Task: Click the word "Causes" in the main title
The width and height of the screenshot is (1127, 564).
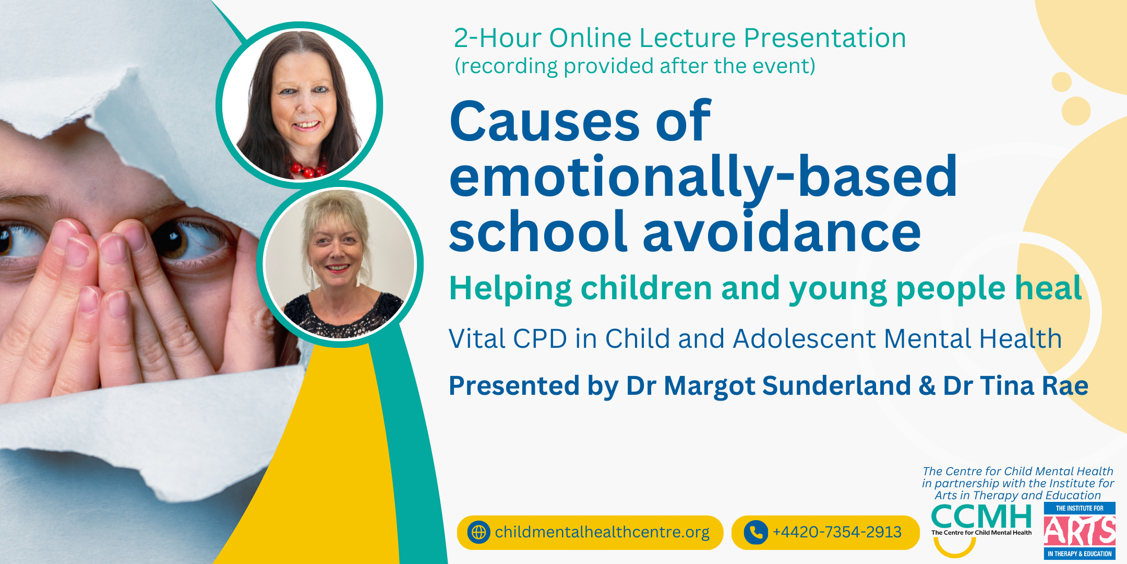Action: (545, 121)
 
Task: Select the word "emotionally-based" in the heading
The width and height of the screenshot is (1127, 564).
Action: (703, 178)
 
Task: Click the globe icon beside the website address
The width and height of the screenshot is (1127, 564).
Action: (478, 532)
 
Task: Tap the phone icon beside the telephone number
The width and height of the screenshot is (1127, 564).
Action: (756, 532)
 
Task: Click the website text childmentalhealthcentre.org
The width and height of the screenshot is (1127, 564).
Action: (602, 532)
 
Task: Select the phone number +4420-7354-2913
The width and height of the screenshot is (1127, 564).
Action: (837, 532)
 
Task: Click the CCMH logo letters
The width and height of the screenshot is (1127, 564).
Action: (981, 517)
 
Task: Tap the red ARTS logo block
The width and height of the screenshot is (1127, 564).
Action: (1080, 531)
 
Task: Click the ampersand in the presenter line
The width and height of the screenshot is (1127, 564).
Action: (927, 386)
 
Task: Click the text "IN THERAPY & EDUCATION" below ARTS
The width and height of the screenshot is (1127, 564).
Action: (1080, 554)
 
